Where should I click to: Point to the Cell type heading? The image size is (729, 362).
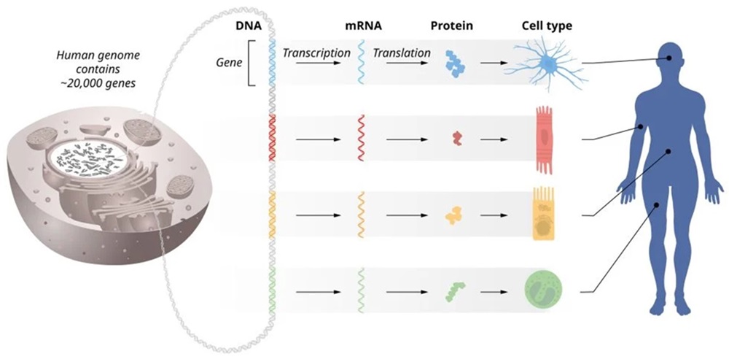point(547,26)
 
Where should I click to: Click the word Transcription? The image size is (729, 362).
point(311,53)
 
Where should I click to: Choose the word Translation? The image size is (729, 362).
point(401,53)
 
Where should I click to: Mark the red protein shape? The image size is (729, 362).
point(456,138)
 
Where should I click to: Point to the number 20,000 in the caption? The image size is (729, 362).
point(108,83)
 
